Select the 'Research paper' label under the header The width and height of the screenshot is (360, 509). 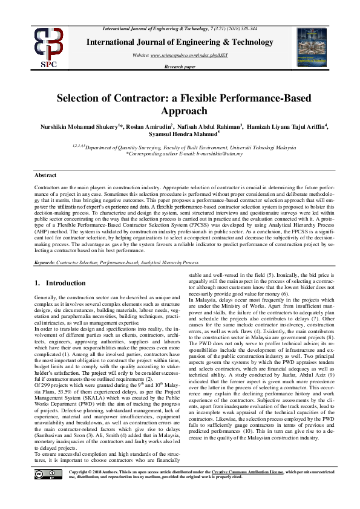pyautogui.click(x=180, y=66)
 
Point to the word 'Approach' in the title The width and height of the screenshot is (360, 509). pyautogui.click(x=180, y=111)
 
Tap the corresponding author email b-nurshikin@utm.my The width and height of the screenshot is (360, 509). pyautogui.click(x=208, y=154)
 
